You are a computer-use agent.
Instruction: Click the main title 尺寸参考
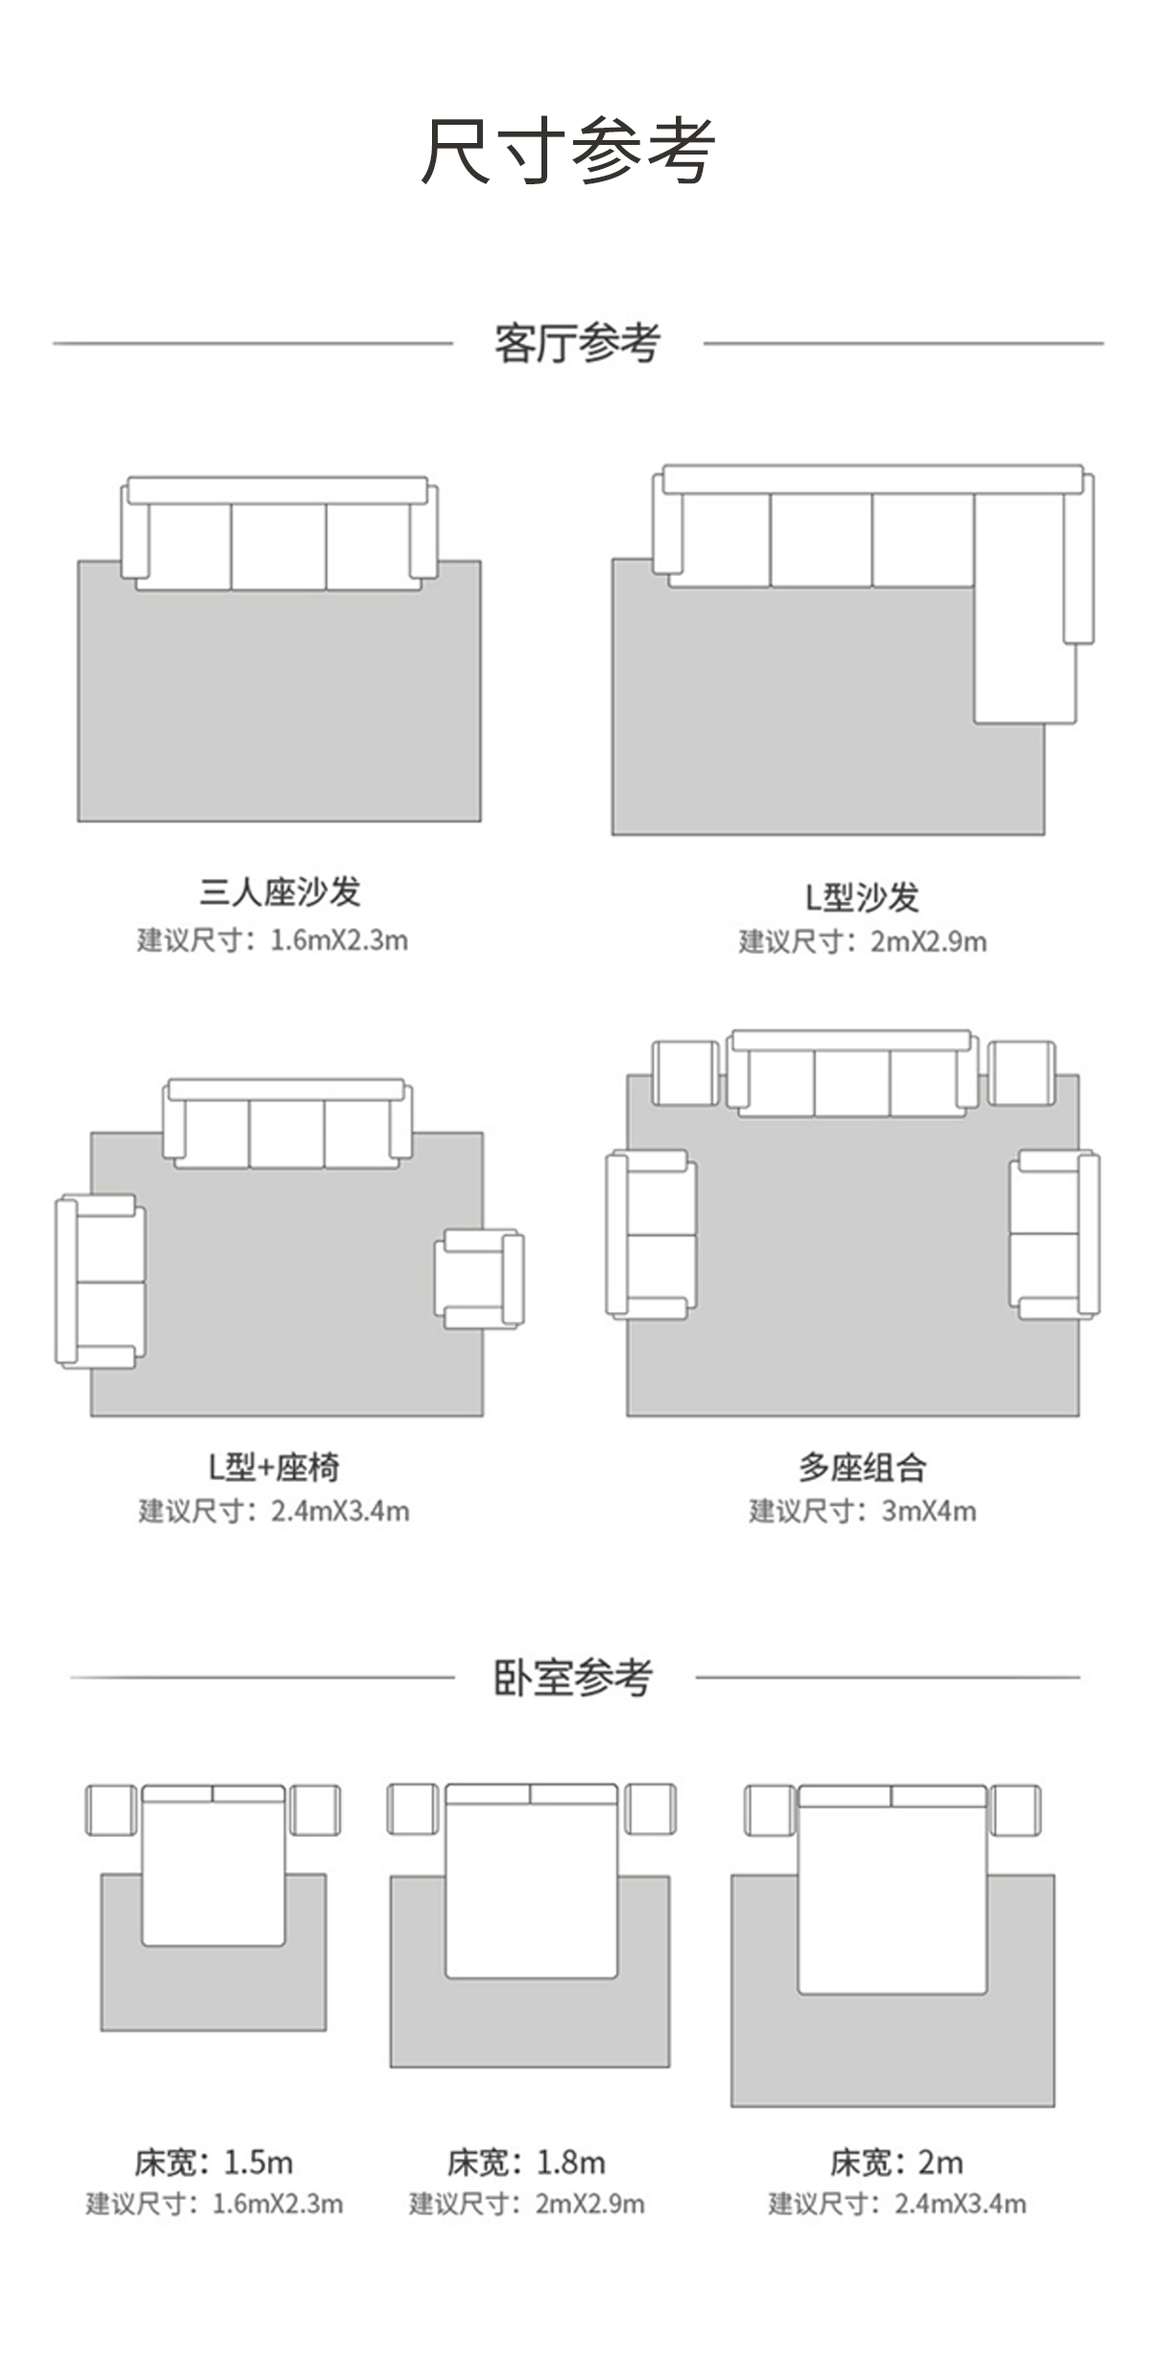point(568,150)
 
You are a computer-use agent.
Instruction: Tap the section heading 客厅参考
point(577,343)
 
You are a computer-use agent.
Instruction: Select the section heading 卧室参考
point(573,1677)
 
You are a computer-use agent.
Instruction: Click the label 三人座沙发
point(279,892)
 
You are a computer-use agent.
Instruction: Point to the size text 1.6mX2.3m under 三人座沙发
point(339,940)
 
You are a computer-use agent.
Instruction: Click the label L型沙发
point(861,897)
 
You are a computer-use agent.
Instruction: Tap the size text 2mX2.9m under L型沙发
point(928,942)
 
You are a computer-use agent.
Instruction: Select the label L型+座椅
point(274,1467)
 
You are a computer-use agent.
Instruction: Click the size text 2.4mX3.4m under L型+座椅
point(340,1511)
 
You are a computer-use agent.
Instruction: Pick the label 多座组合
point(861,1467)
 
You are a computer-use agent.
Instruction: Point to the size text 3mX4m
point(928,1511)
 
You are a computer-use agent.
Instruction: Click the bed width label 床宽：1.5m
point(213,2162)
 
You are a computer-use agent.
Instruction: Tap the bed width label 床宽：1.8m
point(526,2162)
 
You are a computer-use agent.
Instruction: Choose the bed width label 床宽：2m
point(896,2162)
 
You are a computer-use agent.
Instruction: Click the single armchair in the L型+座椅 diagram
point(479,1279)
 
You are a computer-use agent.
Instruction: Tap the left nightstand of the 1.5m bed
point(111,1810)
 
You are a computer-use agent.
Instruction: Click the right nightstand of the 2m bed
point(1016,1810)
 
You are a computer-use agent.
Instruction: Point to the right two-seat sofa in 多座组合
point(1053,1234)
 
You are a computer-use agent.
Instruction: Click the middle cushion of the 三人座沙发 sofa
point(278,545)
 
